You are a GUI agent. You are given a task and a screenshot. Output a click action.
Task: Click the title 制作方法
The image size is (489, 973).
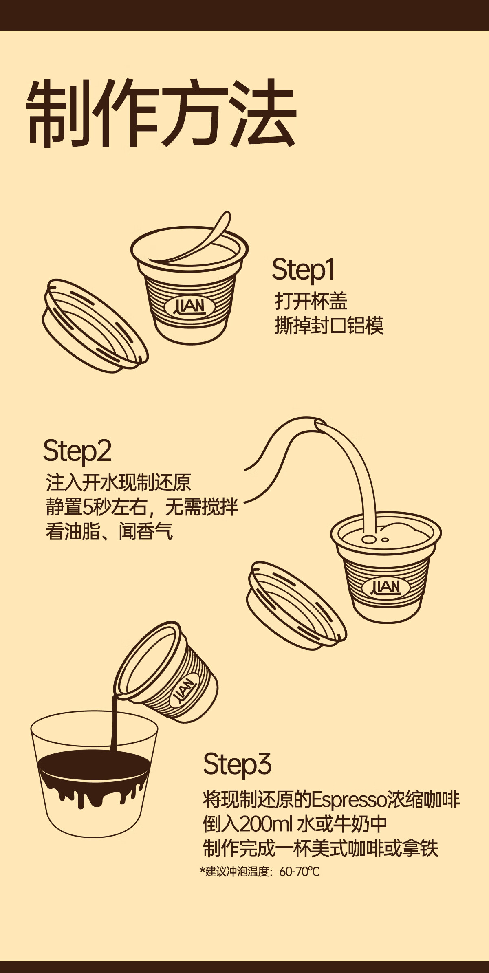point(161,114)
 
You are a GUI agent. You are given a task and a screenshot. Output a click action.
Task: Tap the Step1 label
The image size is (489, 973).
point(303,270)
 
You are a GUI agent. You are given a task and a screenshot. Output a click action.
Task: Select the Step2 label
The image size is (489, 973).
point(77,451)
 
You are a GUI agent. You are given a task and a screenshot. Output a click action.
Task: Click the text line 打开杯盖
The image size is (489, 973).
point(311,301)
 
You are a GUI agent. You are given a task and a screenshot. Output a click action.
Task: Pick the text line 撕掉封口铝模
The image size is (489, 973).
point(329,326)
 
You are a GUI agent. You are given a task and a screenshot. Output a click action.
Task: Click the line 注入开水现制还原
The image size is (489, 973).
point(119,482)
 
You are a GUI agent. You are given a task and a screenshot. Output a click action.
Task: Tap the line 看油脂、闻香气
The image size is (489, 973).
point(109,531)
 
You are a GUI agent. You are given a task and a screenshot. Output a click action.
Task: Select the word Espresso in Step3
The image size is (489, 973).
point(349,800)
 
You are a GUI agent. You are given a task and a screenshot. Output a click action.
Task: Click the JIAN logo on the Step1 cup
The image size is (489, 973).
point(191,306)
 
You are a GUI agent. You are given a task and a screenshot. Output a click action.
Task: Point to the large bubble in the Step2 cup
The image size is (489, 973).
point(369,539)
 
